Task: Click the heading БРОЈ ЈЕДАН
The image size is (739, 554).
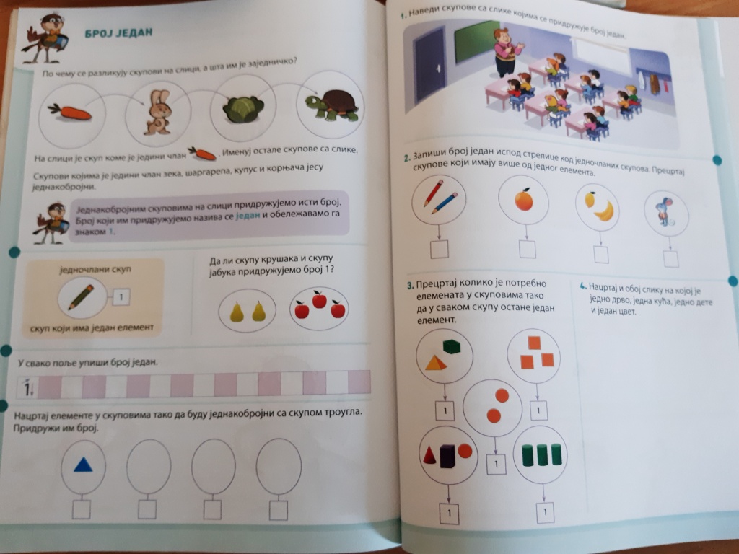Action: [x=119, y=33]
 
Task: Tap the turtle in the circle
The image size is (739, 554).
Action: [x=332, y=104]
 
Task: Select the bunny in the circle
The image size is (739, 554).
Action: [x=159, y=112]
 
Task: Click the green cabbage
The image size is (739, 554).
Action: [x=243, y=110]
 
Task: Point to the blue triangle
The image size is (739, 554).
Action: [x=84, y=465]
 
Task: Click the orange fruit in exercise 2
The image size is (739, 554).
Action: [x=524, y=199]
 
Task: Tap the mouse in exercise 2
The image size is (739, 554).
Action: [x=664, y=213]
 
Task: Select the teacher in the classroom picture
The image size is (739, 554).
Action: [x=505, y=52]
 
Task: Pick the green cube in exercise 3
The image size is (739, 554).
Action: [x=452, y=346]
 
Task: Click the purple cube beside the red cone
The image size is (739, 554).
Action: [x=447, y=456]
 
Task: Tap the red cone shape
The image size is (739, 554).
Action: [x=430, y=455]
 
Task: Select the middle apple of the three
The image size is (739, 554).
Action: [x=319, y=299]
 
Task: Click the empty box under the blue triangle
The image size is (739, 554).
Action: [x=82, y=509]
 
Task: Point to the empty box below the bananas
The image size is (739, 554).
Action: [x=601, y=255]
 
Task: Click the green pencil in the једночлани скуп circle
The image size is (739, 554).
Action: [x=81, y=297]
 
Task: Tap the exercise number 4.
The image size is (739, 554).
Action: [x=583, y=286]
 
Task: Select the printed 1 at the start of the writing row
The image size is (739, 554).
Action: [x=27, y=388]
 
